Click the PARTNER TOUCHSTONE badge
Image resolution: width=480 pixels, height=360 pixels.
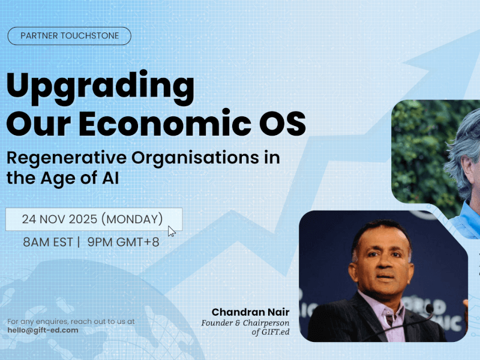click(69, 36)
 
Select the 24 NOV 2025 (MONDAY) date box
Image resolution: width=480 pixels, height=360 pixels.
click(93, 219)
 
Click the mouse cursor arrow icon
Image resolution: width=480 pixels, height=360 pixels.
click(172, 232)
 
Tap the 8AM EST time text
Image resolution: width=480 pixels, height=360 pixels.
click(46, 242)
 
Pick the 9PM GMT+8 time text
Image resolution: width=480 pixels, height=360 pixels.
click(123, 242)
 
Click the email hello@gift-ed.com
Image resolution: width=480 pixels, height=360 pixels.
click(43, 330)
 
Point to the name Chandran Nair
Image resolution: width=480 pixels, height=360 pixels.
click(250, 312)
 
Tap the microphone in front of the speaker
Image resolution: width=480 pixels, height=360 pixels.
click(428, 310)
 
